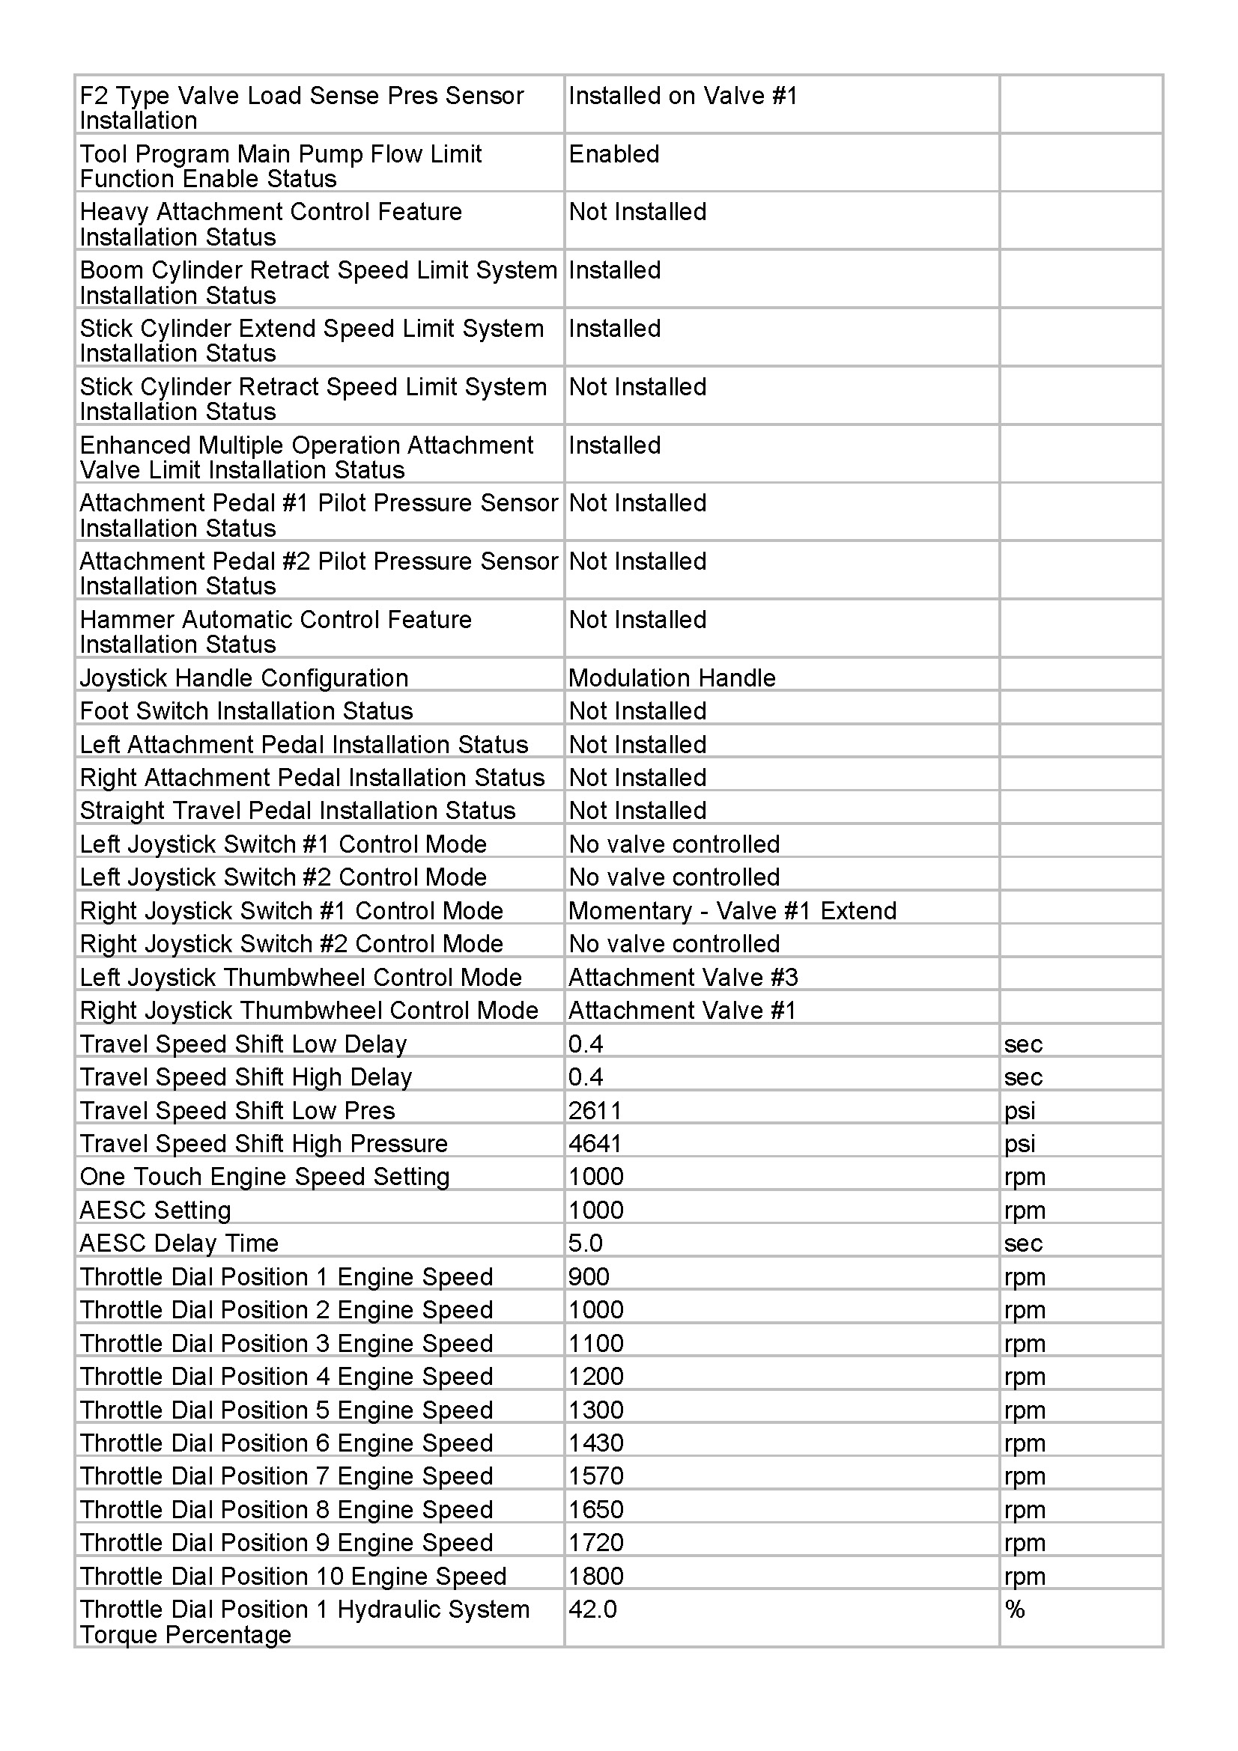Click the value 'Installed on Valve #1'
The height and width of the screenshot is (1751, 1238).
pos(683,96)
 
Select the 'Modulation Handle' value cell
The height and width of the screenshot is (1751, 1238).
pos(672,678)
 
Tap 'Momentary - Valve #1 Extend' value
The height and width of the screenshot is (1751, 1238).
pos(732,910)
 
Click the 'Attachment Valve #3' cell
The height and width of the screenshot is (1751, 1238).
pos(683,977)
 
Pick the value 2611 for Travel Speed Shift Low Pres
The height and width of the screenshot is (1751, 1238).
pos(595,1110)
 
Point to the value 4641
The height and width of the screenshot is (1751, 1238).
pos(595,1143)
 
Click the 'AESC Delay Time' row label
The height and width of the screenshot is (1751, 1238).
pos(179,1243)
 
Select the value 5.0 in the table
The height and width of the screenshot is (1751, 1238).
pos(585,1243)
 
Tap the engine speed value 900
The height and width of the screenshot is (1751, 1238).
pos(589,1276)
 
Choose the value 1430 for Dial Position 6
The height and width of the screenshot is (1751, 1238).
pos(595,1443)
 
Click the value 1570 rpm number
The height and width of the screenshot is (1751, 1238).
pos(595,1476)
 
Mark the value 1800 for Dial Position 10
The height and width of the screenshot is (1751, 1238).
pos(595,1576)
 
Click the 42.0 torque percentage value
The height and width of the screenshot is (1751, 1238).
pos(592,1610)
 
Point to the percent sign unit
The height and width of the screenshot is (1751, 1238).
pos(1015,1610)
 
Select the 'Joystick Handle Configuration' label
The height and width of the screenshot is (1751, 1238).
pos(244,678)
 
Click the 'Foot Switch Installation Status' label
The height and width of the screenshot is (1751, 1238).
pos(246,710)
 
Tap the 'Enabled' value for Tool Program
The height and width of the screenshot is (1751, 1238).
pos(614,154)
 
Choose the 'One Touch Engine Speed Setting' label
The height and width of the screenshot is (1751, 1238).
pos(264,1176)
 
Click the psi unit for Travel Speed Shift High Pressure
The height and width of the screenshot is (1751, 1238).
pos(1020,1143)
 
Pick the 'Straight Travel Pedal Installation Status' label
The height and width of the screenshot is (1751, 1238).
pos(297,810)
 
